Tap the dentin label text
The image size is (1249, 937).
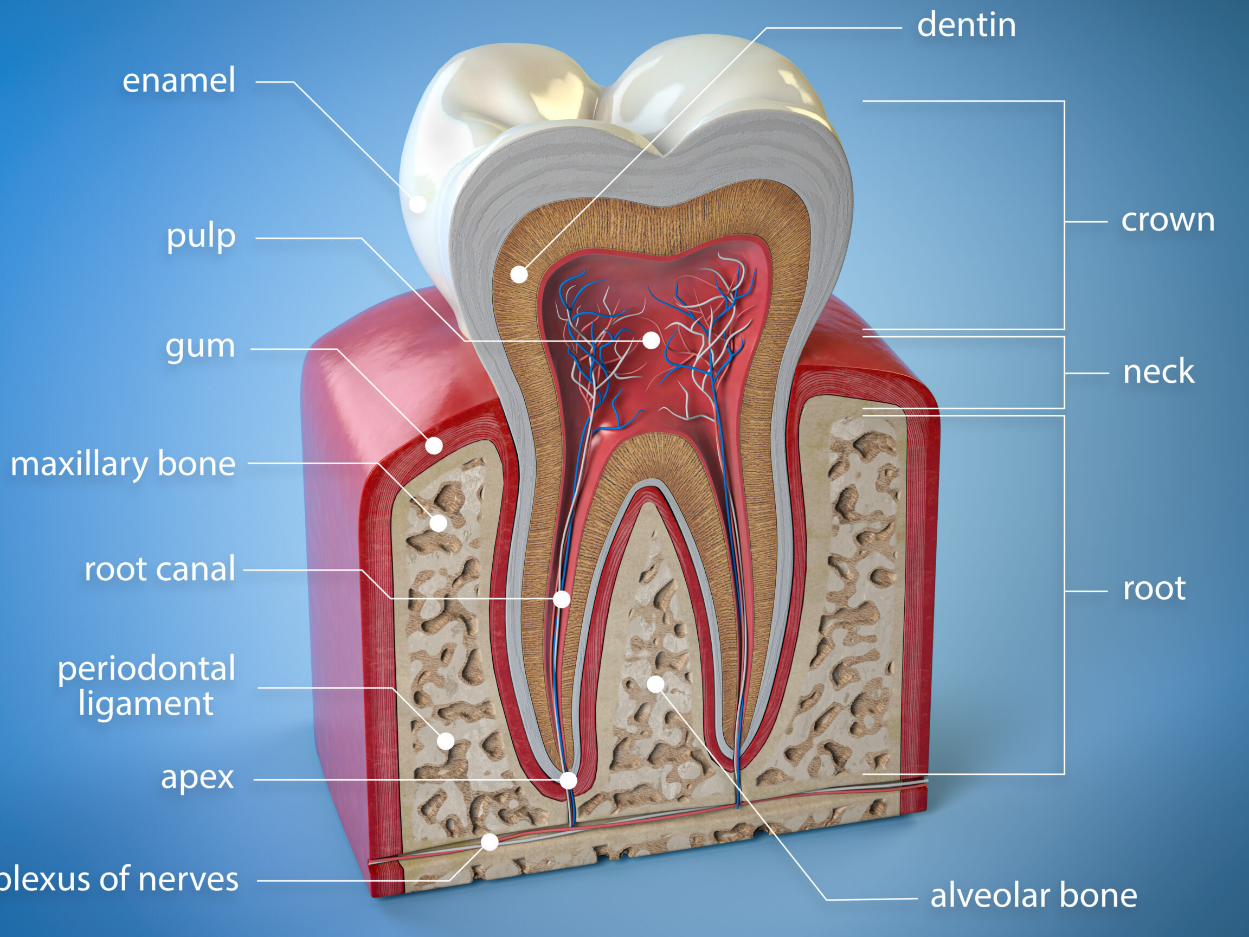(966, 25)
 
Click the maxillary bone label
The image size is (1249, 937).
(123, 464)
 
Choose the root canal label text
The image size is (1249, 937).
(160, 569)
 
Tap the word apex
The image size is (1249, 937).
(197, 779)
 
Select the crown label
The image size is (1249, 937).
(1168, 220)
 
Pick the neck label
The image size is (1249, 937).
(1158, 371)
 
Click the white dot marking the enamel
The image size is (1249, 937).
(418, 204)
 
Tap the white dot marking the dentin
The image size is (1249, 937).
(519, 274)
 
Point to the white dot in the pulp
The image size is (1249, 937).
(651, 340)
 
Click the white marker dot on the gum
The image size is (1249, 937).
(434, 446)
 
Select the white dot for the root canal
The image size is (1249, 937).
(562, 599)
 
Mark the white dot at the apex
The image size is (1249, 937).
(569, 780)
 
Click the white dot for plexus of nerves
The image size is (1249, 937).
(490, 842)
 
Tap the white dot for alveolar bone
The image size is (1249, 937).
(655, 684)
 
